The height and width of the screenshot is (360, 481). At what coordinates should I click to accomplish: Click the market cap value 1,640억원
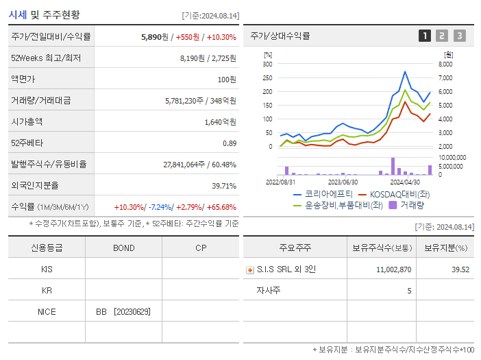point(220,122)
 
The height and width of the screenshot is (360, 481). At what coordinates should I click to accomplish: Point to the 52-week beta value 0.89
point(229,143)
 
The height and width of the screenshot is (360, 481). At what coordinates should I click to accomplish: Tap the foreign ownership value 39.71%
point(224,186)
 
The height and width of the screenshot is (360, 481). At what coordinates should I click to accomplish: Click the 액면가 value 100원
point(226,80)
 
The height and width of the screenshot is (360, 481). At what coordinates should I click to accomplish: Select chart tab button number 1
point(425,36)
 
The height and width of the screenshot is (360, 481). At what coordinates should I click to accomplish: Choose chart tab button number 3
point(459,36)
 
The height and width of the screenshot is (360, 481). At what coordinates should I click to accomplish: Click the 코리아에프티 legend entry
point(318,193)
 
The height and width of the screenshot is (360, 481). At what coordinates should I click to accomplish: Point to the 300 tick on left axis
point(267,64)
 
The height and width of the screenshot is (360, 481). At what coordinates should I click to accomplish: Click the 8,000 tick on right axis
point(445,64)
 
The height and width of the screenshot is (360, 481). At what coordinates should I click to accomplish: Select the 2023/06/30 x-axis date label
point(343,182)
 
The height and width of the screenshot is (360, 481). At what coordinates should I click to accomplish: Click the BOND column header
point(123,248)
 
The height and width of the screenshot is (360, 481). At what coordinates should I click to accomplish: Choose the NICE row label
point(47,311)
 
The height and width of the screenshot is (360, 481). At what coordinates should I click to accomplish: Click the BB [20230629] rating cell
point(123,311)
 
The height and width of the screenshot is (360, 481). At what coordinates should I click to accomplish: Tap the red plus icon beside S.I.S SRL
point(249,270)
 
